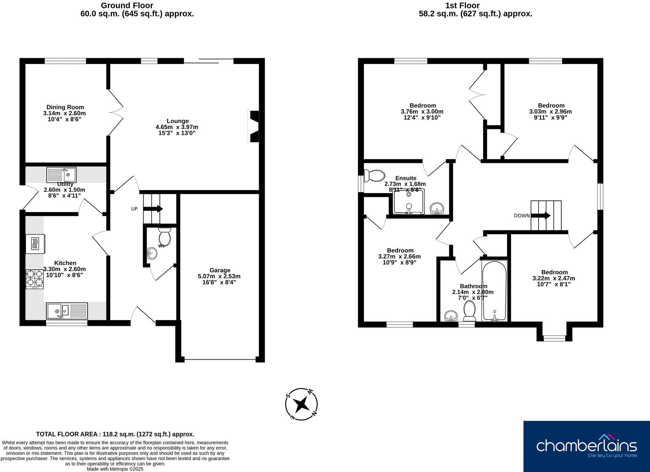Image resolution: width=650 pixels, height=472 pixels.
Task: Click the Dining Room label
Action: coord(65,107)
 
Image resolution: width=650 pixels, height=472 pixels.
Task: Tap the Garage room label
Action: coord(220,270)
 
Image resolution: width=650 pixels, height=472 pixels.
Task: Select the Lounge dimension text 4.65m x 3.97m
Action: coord(177,127)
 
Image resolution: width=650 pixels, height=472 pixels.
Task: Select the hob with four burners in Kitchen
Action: coord(35,279)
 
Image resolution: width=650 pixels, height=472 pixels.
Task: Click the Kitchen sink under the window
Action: coord(67,310)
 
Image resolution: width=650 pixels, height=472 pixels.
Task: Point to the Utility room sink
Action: coord(61,175)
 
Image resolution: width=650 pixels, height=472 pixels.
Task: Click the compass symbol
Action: coord(301,404)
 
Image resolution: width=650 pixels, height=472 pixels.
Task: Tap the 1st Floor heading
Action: coord(462,5)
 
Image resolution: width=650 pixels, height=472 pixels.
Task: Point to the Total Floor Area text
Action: coord(115,434)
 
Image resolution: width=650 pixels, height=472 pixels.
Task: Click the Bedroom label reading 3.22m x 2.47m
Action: coord(554,278)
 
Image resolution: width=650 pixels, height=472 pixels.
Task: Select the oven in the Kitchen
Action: coord(35,244)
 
